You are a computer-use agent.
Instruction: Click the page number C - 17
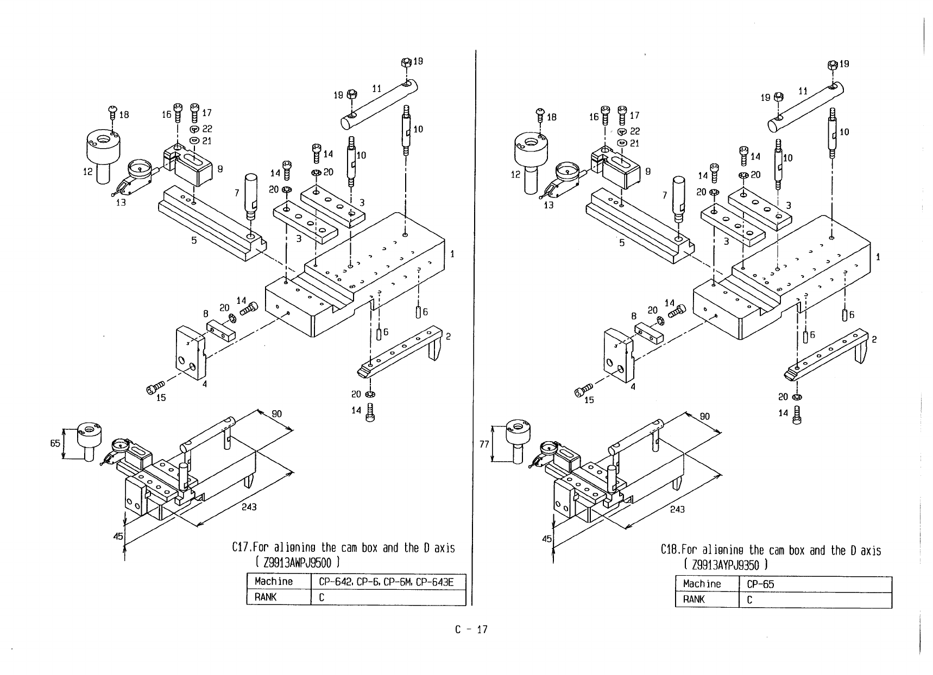471,629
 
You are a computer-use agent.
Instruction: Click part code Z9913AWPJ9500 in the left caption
294,562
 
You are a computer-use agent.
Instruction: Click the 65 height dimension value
55,443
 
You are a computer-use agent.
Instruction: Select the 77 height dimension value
485,444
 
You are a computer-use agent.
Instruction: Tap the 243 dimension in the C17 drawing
249,507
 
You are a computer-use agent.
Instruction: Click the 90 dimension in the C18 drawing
704,417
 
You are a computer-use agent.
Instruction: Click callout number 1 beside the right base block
878,257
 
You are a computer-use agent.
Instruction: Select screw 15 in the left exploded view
154,389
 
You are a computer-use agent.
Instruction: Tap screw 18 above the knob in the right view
540,113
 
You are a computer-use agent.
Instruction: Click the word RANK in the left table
266,597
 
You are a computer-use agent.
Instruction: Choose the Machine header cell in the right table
702,584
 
